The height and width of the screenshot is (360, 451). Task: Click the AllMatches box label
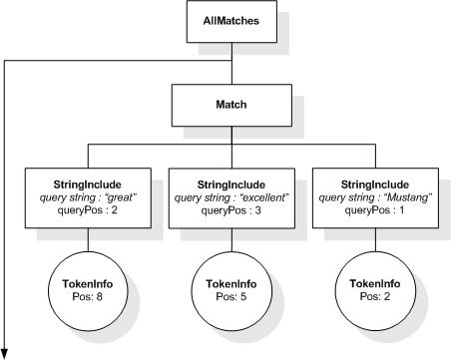(231, 21)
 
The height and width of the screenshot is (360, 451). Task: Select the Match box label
(231, 105)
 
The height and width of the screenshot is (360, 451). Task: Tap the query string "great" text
(88, 197)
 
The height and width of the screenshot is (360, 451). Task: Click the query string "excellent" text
(231, 197)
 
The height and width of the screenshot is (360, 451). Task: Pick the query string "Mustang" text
(375, 197)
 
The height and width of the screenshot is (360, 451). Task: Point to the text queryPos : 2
(88, 210)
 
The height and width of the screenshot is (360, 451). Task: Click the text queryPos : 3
(231, 210)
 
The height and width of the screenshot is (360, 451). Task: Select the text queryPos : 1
(374, 210)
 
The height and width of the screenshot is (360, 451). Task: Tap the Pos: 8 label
(87, 296)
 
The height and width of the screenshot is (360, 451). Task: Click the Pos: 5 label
(231, 296)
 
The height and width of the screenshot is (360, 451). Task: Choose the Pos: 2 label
(375, 296)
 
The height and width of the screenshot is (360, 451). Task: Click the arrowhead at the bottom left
(4, 354)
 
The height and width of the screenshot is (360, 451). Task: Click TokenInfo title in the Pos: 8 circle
(88, 284)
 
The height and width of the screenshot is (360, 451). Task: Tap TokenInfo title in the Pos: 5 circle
(231, 284)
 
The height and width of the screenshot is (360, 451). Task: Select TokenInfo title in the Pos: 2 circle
(375, 284)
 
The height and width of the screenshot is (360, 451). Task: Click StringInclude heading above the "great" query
(88, 184)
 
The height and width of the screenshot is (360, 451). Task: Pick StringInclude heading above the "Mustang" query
(375, 184)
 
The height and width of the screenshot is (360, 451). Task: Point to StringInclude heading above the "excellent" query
(231, 184)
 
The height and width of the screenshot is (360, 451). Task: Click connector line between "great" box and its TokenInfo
(88, 239)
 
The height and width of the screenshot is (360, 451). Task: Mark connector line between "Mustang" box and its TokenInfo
(375, 239)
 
